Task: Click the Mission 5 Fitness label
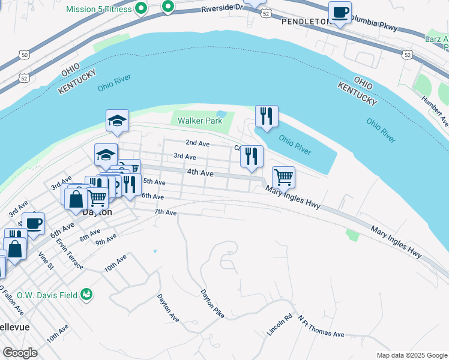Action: (x=98, y=9)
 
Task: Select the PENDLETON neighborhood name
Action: (x=304, y=21)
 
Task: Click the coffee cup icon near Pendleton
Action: (x=340, y=13)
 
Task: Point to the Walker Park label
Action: (x=199, y=121)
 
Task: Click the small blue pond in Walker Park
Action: (x=221, y=113)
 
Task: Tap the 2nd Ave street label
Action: (x=197, y=143)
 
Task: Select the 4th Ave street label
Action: (x=200, y=173)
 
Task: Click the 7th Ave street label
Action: (x=165, y=212)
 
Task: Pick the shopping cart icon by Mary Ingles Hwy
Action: (x=283, y=177)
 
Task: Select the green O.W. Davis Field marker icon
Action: (x=87, y=293)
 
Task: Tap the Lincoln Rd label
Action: (x=280, y=325)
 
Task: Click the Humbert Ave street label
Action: (x=435, y=111)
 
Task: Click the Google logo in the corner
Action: (x=20, y=353)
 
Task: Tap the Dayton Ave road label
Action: (x=168, y=307)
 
